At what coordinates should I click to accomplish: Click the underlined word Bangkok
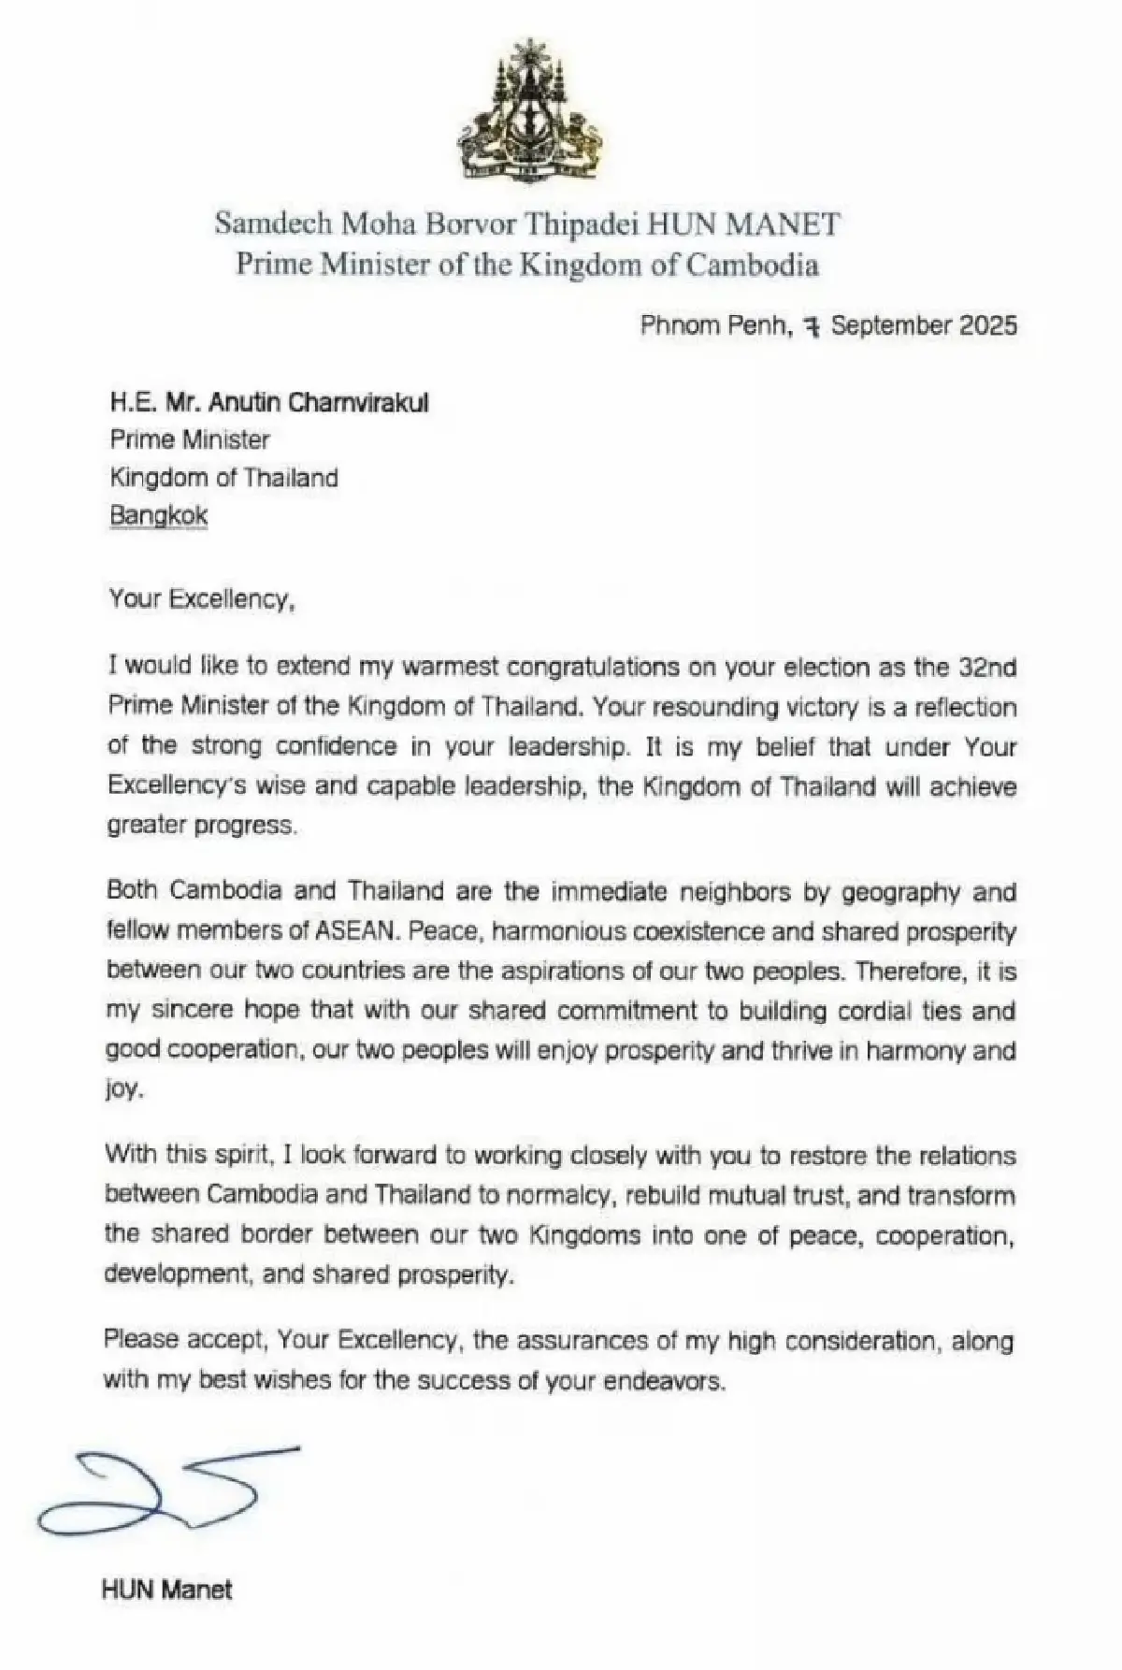tap(158, 515)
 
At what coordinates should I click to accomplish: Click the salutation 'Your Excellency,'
tap(202, 598)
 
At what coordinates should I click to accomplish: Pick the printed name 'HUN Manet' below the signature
tap(167, 1590)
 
